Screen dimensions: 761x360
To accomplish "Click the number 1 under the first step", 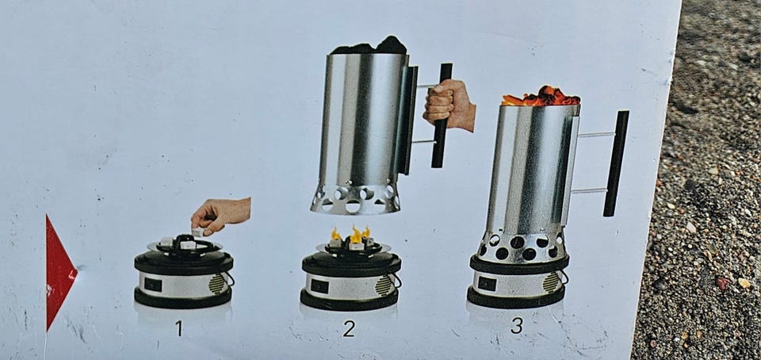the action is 179,328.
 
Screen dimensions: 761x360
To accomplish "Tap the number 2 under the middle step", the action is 349,328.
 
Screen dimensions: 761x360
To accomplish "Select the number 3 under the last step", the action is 517,326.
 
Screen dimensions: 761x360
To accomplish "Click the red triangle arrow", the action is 59,272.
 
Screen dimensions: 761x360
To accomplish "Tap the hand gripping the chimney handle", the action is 448,105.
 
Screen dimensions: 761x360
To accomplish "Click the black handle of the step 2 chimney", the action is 442,116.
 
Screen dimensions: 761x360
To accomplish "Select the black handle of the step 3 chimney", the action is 616,163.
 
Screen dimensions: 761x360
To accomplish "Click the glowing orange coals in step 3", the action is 541,97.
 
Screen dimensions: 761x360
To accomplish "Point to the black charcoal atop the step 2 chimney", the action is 369,46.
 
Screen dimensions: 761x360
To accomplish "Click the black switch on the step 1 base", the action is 153,285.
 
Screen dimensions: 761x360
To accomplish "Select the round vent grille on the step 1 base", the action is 217,284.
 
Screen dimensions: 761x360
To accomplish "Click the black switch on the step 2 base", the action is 319,286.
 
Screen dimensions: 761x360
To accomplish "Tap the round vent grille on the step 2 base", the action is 384,285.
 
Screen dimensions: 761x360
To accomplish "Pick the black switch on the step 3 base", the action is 487,283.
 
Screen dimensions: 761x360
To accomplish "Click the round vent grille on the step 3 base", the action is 551,282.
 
